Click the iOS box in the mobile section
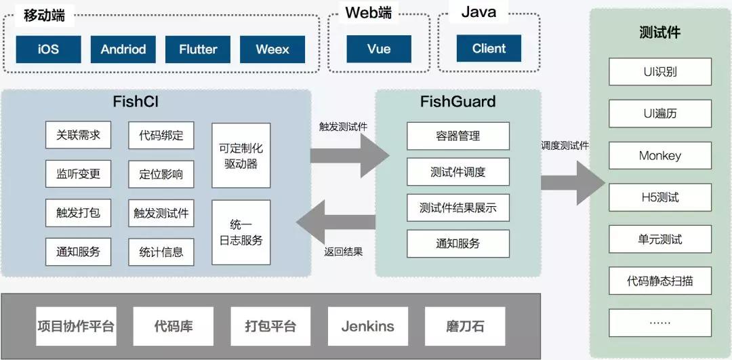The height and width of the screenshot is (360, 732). coord(48,49)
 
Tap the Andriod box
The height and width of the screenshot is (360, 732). coord(123,49)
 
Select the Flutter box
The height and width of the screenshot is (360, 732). coord(198,49)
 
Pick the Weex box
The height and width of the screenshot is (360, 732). coord(272,49)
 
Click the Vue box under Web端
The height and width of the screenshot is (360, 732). coord(379,49)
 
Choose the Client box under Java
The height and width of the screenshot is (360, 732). coord(489,49)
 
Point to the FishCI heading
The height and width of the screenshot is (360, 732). coord(136,102)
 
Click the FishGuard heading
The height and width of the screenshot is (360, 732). coord(457,102)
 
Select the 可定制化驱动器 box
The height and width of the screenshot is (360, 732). coord(241,155)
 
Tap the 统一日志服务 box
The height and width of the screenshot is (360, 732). coord(241,232)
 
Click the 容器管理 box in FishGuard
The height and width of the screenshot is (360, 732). coord(457,136)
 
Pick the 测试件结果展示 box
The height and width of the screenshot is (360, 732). coord(457,207)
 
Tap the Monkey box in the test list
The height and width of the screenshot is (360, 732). coord(659,156)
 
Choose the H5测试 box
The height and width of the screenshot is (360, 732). coord(659,198)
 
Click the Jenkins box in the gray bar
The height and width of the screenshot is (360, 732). coord(367,326)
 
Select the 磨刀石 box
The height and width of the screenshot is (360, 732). coord(465,326)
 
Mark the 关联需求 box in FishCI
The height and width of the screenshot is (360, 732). coord(78,135)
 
